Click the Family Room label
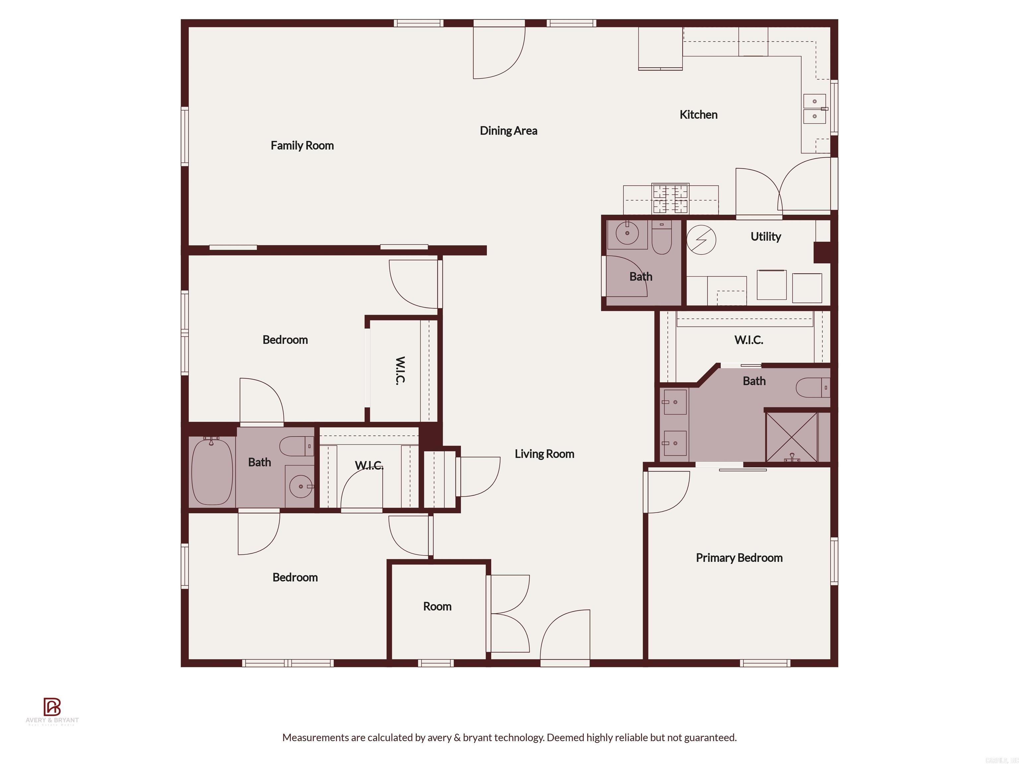(x=302, y=146)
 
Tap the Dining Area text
(x=508, y=131)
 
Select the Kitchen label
(x=698, y=115)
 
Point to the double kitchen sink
(x=814, y=109)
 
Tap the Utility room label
(x=765, y=237)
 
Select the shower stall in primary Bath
(x=791, y=437)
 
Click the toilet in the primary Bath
(x=812, y=387)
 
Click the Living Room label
(x=544, y=454)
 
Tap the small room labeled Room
(x=437, y=606)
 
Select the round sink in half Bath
(x=627, y=233)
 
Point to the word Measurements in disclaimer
(x=315, y=737)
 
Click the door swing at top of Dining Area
(x=499, y=53)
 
